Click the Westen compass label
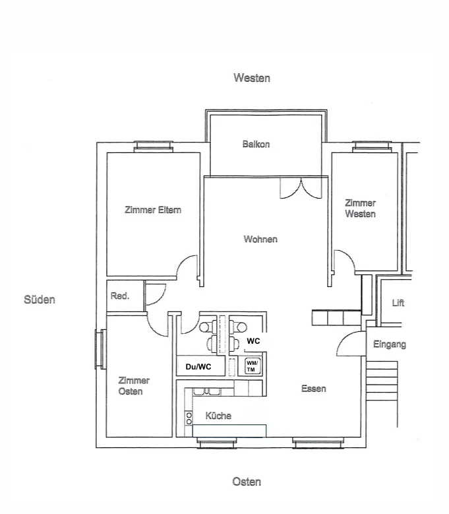click(251, 78)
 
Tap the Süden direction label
click(40, 300)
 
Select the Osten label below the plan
click(247, 482)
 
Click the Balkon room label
click(256, 145)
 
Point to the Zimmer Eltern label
click(153, 210)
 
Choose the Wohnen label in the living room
click(260, 239)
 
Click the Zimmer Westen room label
click(360, 209)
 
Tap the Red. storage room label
click(120, 296)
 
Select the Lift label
click(398, 303)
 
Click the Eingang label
click(390, 344)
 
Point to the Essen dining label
click(314, 389)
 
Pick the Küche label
click(218, 416)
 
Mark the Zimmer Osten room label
click(134, 386)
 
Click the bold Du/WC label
click(198, 366)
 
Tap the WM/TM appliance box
click(253, 366)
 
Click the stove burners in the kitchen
click(189, 418)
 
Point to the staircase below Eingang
click(382, 381)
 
